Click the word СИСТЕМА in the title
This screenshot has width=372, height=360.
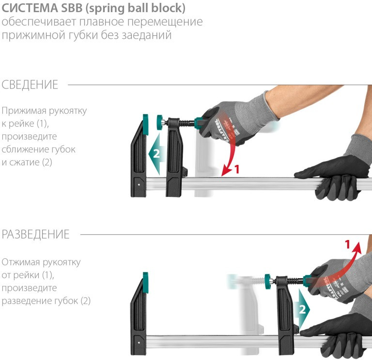[30, 8]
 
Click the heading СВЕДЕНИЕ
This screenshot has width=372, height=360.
[30, 85]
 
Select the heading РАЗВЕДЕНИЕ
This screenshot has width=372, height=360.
[35, 234]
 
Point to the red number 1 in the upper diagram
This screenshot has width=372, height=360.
[237, 169]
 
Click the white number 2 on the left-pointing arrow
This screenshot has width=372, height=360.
[156, 153]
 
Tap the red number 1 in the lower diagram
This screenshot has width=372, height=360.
[347, 244]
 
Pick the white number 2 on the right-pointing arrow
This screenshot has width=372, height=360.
[302, 310]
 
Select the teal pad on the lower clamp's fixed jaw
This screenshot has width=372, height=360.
[145, 283]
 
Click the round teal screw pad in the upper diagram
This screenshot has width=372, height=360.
[159, 122]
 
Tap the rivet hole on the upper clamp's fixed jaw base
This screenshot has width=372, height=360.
[139, 184]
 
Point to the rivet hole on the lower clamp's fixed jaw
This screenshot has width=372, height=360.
[139, 343]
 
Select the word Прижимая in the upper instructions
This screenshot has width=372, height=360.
[24, 111]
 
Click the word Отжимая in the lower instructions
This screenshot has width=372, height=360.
[21, 262]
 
